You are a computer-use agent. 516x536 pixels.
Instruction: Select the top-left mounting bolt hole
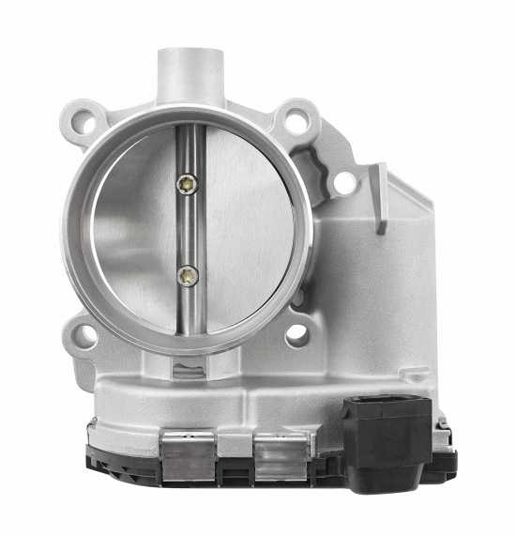(x=86, y=121)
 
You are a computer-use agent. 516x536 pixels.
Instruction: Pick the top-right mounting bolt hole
(x=297, y=119)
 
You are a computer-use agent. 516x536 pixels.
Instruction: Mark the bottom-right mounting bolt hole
(x=297, y=332)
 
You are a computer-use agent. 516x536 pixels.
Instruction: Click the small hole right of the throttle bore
(x=344, y=184)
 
